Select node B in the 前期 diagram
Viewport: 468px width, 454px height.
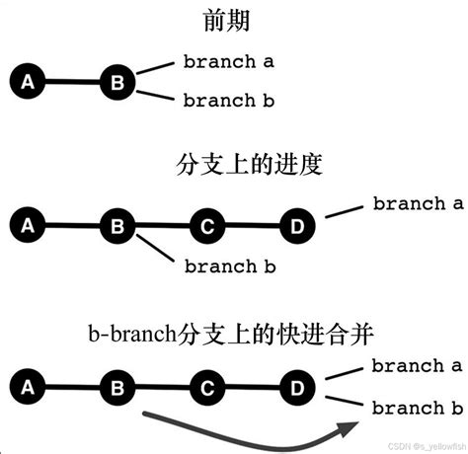click(117, 82)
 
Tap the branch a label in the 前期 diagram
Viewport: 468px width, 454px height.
click(228, 61)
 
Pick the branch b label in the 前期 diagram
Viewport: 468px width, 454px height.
click(228, 100)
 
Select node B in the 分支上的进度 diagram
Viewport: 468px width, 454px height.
click(117, 226)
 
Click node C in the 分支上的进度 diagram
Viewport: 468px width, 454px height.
click(207, 226)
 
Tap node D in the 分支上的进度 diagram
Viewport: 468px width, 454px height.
click(297, 226)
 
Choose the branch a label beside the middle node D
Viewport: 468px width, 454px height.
click(417, 204)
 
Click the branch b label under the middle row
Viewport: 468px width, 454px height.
click(228, 265)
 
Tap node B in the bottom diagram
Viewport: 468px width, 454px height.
click(117, 386)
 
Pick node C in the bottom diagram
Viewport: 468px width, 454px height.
click(207, 386)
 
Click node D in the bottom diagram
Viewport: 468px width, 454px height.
click(297, 386)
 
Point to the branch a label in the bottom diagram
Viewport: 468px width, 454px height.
click(417, 366)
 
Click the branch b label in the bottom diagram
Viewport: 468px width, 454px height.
click(417, 408)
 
